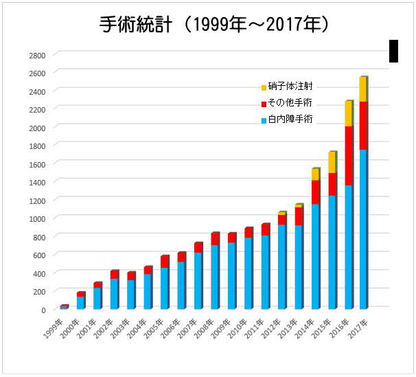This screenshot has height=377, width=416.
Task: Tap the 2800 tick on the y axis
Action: (x=37, y=55)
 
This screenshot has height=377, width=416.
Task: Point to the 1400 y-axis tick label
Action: (x=37, y=182)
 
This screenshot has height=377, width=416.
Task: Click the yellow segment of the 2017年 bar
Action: (x=362, y=89)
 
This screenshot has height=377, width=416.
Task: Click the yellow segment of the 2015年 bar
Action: (x=332, y=163)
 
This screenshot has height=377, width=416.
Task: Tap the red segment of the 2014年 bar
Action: (x=315, y=192)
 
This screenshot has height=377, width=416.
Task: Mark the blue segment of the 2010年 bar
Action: (x=248, y=273)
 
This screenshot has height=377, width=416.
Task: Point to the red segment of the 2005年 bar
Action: (x=164, y=262)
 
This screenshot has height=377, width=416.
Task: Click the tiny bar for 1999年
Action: (x=64, y=307)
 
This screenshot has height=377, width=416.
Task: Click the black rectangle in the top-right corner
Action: (x=393, y=51)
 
